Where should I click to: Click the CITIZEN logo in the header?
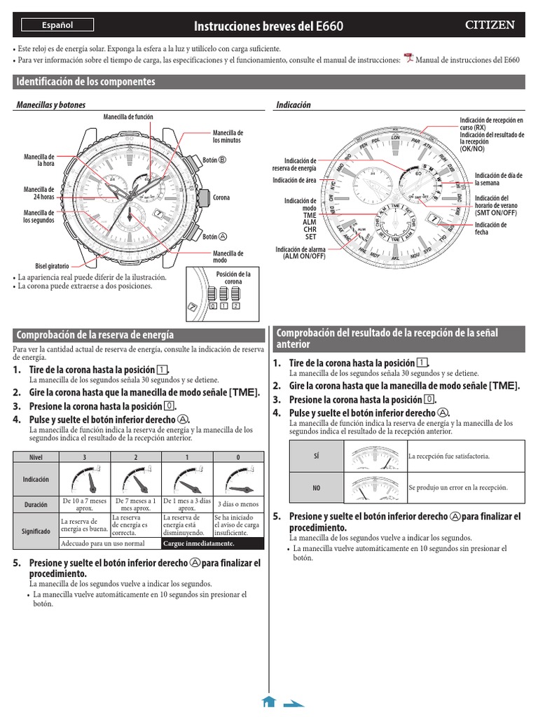click(x=490, y=25)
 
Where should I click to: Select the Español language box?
click(x=57, y=25)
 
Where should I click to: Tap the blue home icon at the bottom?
click(x=268, y=702)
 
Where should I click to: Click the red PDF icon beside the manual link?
click(x=409, y=58)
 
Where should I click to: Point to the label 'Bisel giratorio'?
click(x=50, y=267)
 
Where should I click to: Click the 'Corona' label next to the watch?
click(x=221, y=198)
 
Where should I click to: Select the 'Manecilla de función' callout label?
click(x=128, y=116)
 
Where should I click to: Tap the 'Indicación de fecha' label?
click(x=490, y=228)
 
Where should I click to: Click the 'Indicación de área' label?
click(x=294, y=180)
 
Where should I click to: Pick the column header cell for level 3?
click(x=85, y=457)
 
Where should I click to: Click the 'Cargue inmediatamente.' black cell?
click(x=213, y=543)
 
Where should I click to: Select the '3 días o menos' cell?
click(x=238, y=503)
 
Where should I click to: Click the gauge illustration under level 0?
click(x=238, y=480)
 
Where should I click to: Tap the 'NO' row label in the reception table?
click(x=316, y=487)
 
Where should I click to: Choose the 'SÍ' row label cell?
click(x=316, y=456)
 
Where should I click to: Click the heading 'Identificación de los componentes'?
click(x=85, y=82)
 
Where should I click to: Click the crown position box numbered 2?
click(x=236, y=306)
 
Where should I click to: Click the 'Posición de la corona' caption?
click(x=233, y=278)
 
